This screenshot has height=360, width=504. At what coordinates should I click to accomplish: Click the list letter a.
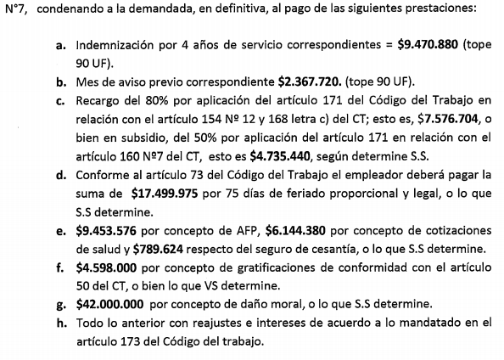pyautogui.click(x=62, y=44)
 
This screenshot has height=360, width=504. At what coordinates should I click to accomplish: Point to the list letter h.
pyautogui.click(x=62, y=323)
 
